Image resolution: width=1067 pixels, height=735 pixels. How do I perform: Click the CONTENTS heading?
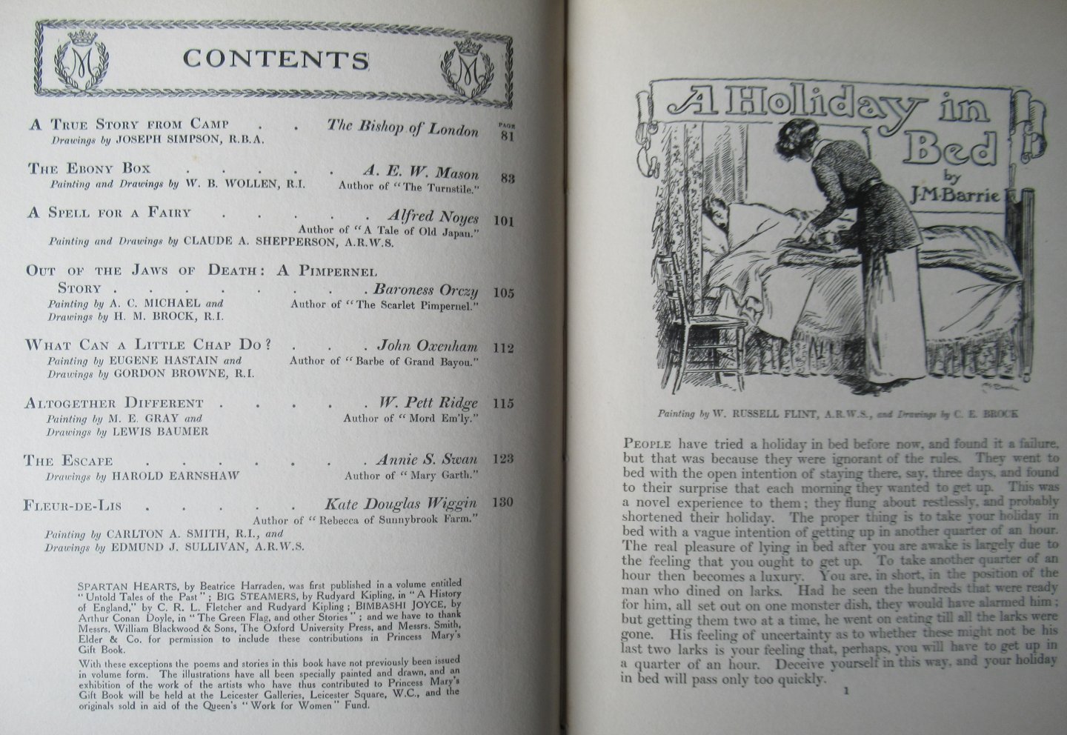coord(276,59)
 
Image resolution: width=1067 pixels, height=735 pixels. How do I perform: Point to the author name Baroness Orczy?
coord(425,290)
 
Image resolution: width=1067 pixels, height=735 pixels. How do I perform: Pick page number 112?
coord(503,347)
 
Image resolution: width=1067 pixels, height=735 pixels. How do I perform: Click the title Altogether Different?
coord(114,404)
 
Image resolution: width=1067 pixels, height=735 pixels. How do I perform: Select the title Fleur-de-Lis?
coord(73,506)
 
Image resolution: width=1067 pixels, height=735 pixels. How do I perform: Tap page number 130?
coord(503,502)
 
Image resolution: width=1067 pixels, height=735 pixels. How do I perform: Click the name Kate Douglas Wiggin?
coord(402,504)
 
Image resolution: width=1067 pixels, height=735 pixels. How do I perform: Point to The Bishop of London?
coord(403,127)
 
